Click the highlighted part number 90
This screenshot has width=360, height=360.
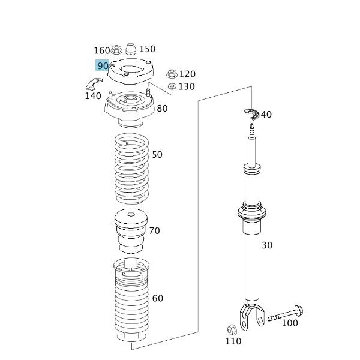click(102, 65)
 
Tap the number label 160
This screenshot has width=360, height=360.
click(102, 50)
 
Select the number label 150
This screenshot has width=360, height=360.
click(147, 49)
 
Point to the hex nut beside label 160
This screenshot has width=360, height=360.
click(118, 48)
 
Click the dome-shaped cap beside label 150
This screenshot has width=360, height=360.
click(130, 48)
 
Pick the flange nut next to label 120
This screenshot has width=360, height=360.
click(172, 74)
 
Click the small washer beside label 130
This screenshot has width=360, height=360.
click(172, 87)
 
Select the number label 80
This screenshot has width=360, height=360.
click(162, 109)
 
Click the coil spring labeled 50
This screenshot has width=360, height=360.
click(131, 169)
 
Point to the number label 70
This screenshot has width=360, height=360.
click(154, 230)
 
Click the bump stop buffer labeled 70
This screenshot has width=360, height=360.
click(130, 232)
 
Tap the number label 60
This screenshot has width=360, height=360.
click(157, 298)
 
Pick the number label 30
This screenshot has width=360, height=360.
click(266, 245)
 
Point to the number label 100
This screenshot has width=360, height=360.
click(289, 323)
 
